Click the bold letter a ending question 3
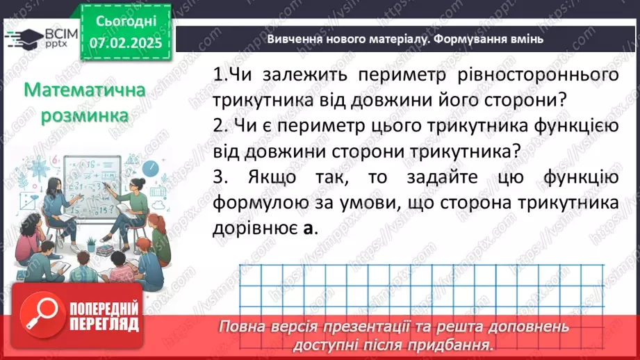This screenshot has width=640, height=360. point(309,228)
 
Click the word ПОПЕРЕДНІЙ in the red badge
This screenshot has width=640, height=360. point(104,307)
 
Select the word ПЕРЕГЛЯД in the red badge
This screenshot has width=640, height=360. point(104,324)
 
